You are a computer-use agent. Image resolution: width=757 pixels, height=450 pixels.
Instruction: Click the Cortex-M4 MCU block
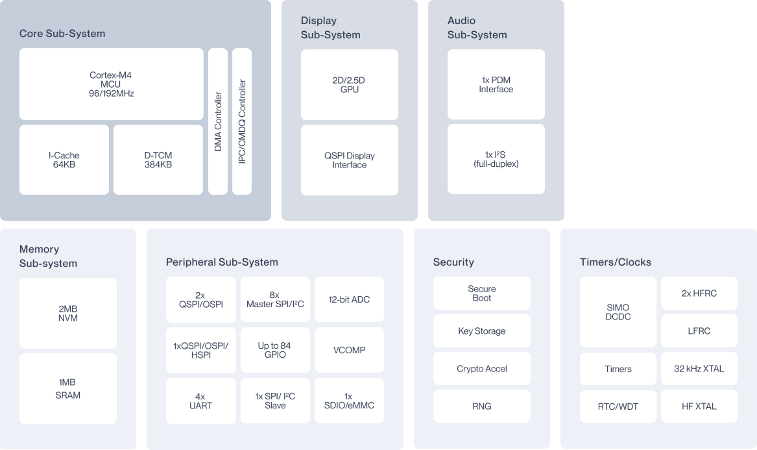point(112,84)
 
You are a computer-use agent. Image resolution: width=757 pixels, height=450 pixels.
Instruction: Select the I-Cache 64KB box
point(64,160)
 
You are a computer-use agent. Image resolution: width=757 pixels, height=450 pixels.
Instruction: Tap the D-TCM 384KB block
point(158,160)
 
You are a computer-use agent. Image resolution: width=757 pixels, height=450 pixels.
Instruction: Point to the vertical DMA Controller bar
point(218,121)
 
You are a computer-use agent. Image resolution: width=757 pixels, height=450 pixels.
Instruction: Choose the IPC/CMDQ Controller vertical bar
point(242,121)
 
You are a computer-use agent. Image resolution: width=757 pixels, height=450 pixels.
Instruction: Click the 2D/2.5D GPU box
point(350,84)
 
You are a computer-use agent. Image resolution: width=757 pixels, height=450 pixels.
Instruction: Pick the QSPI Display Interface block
point(350,160)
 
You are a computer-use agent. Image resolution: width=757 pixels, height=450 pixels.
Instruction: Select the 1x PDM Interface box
point(496,84)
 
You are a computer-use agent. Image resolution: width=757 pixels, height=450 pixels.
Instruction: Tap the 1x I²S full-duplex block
point(496,160)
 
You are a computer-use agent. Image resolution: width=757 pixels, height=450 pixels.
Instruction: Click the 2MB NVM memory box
point(68,313)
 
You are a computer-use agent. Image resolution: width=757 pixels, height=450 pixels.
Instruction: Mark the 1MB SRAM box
point(68,388)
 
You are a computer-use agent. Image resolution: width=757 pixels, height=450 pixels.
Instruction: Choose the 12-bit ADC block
point(349,299)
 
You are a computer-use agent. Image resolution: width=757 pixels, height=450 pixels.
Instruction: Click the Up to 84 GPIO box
point(274,350)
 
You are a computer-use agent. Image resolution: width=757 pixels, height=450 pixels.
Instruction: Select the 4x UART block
point(200,401)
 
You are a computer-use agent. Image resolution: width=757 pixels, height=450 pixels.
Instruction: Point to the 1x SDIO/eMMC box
point(349,401)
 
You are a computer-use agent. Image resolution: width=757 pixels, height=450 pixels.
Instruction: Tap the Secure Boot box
point(482,294)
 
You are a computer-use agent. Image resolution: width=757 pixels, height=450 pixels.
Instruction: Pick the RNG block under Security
point(482,406)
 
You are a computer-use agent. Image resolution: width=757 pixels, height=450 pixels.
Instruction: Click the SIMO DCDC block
point(618,312)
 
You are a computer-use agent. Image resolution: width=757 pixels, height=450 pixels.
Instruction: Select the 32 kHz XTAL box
point(699,369)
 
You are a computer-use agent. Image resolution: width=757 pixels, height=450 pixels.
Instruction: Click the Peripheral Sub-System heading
point(222,262)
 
